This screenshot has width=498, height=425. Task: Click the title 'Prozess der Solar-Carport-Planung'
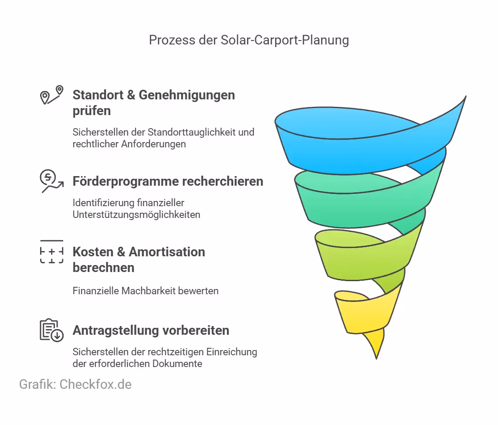pyautogui.click(x=249, y=40)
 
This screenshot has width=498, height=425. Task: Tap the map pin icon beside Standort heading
pyautogui.click(x=51, y=95)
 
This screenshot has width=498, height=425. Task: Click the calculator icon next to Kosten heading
pyautogui.click(x=51, y=252)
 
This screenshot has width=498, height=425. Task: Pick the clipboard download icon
pyautogui.click(x=51, y=330)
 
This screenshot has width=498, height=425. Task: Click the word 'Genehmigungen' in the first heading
pyautogui.click(x=187, y=95)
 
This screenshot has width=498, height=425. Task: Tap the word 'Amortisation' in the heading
pyautogui.click(x=166, y=252)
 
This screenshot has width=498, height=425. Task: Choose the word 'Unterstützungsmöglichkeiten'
pyautogui.click(x=136, y=214)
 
